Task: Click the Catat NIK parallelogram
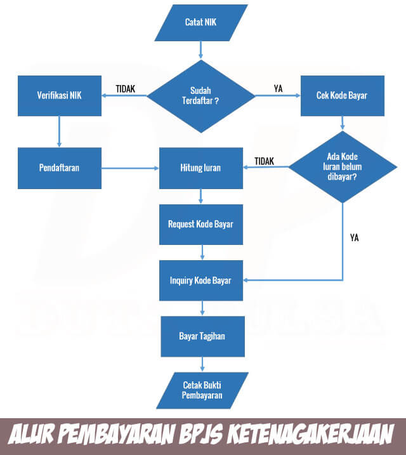pyautogui.click(x=200, y=22)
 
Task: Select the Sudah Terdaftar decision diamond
pyautogui.click(x=200, y=96)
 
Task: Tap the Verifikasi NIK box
pyautogui.click(x=60, y=96)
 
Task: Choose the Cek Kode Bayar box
pyautogui.click(x=342, y=96)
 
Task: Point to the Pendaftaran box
pyautogui.click(x=60, y=168)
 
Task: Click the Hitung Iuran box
pyautogui.click(x=200, y=168)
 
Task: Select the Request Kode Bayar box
pyautogui.click(x=200, y=224)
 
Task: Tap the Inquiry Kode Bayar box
pyautogui.click(x=200, y=280)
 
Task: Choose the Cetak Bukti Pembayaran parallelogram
pyautogui.click(x=201, y=390)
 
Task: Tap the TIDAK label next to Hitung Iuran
pyautogui.click(x=264, y=161)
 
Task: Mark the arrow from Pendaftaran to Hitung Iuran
pyautogui.click(x=129, y=168)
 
